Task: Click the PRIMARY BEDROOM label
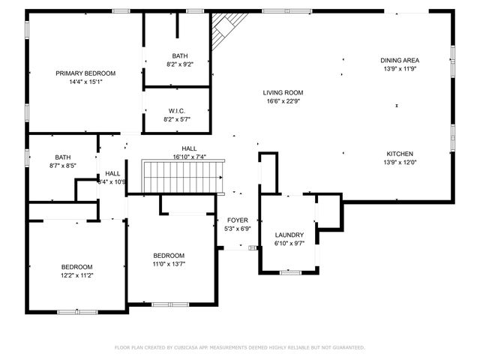(85, 73)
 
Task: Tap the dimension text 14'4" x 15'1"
(85, 82)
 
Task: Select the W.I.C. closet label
(177, 111)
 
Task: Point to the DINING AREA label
(400, 60)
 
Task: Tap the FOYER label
(238, 220)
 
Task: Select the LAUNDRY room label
(288, 234)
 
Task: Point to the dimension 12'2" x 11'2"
(76, 275)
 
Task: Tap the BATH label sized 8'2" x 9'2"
(180, 55)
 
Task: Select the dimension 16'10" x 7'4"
(189, 157)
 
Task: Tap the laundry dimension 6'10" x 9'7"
(288, 243)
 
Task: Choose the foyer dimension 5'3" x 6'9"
(238, 229)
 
